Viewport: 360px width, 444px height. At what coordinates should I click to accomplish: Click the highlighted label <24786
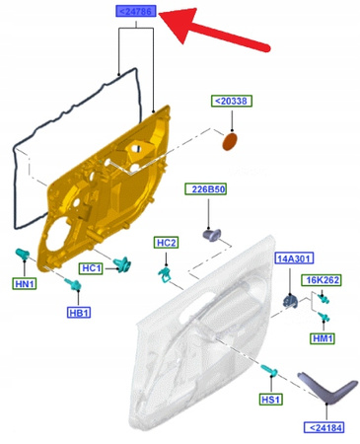136,12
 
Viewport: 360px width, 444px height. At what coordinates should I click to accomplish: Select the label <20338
232,101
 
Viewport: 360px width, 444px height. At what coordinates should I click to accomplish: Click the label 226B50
206,189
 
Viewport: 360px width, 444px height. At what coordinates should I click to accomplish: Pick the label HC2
166,243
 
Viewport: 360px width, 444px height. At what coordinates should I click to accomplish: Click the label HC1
91,268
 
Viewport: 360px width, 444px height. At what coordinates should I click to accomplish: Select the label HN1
25,284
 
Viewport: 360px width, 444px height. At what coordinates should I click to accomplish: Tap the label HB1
79,313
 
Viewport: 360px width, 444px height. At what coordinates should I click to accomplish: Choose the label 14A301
294,259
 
